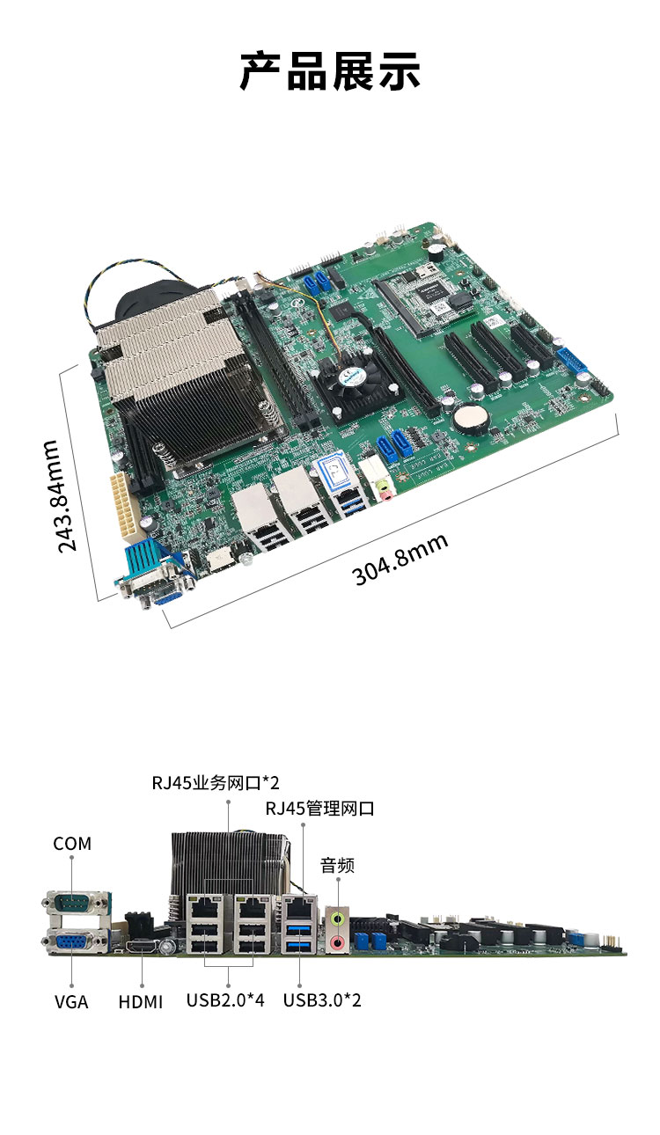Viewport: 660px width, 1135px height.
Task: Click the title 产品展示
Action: [x=330, y=71]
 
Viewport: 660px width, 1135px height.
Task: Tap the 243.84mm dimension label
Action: [x=60, y=496]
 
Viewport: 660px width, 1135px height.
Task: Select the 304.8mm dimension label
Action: [x=400, y=560]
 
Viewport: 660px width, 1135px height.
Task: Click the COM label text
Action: [x=72, y=844]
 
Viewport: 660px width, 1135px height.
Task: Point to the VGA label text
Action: [x=71, y=1002]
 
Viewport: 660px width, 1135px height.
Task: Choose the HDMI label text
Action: [x=141, y=1002]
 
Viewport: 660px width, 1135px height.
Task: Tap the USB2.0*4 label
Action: [x=225, y=1000]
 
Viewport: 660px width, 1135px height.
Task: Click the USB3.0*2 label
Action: [x=322, y=1000]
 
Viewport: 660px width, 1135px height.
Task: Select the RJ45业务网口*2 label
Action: [x=216, y=783]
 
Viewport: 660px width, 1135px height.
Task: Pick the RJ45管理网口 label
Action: [x=319, y=809]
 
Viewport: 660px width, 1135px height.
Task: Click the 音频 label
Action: [x=337, y=865]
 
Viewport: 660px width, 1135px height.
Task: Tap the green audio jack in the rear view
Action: [x=338, y=918]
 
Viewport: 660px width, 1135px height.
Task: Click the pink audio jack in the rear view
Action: [x=338, y=942]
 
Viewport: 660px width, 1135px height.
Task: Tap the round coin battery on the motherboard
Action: [x=471, y=419]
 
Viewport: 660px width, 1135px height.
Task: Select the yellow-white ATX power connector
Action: [x=122, y=506]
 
